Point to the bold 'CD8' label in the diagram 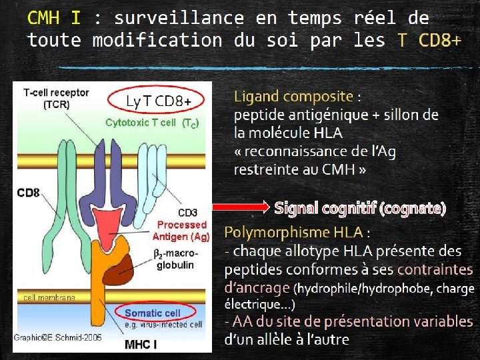[28, 193]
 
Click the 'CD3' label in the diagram [187, 213]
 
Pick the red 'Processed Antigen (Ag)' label [181, 231]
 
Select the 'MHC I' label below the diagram [141, 345]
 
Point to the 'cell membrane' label [50, 297]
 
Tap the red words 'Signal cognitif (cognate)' [360, 208]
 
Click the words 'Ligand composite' [293, 97]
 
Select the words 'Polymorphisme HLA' [293, 233]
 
